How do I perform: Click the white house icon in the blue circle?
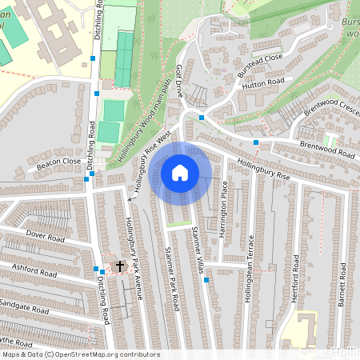(180, 172)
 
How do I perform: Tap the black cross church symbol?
(121, 266)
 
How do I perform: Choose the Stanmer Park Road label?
(170, 280)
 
